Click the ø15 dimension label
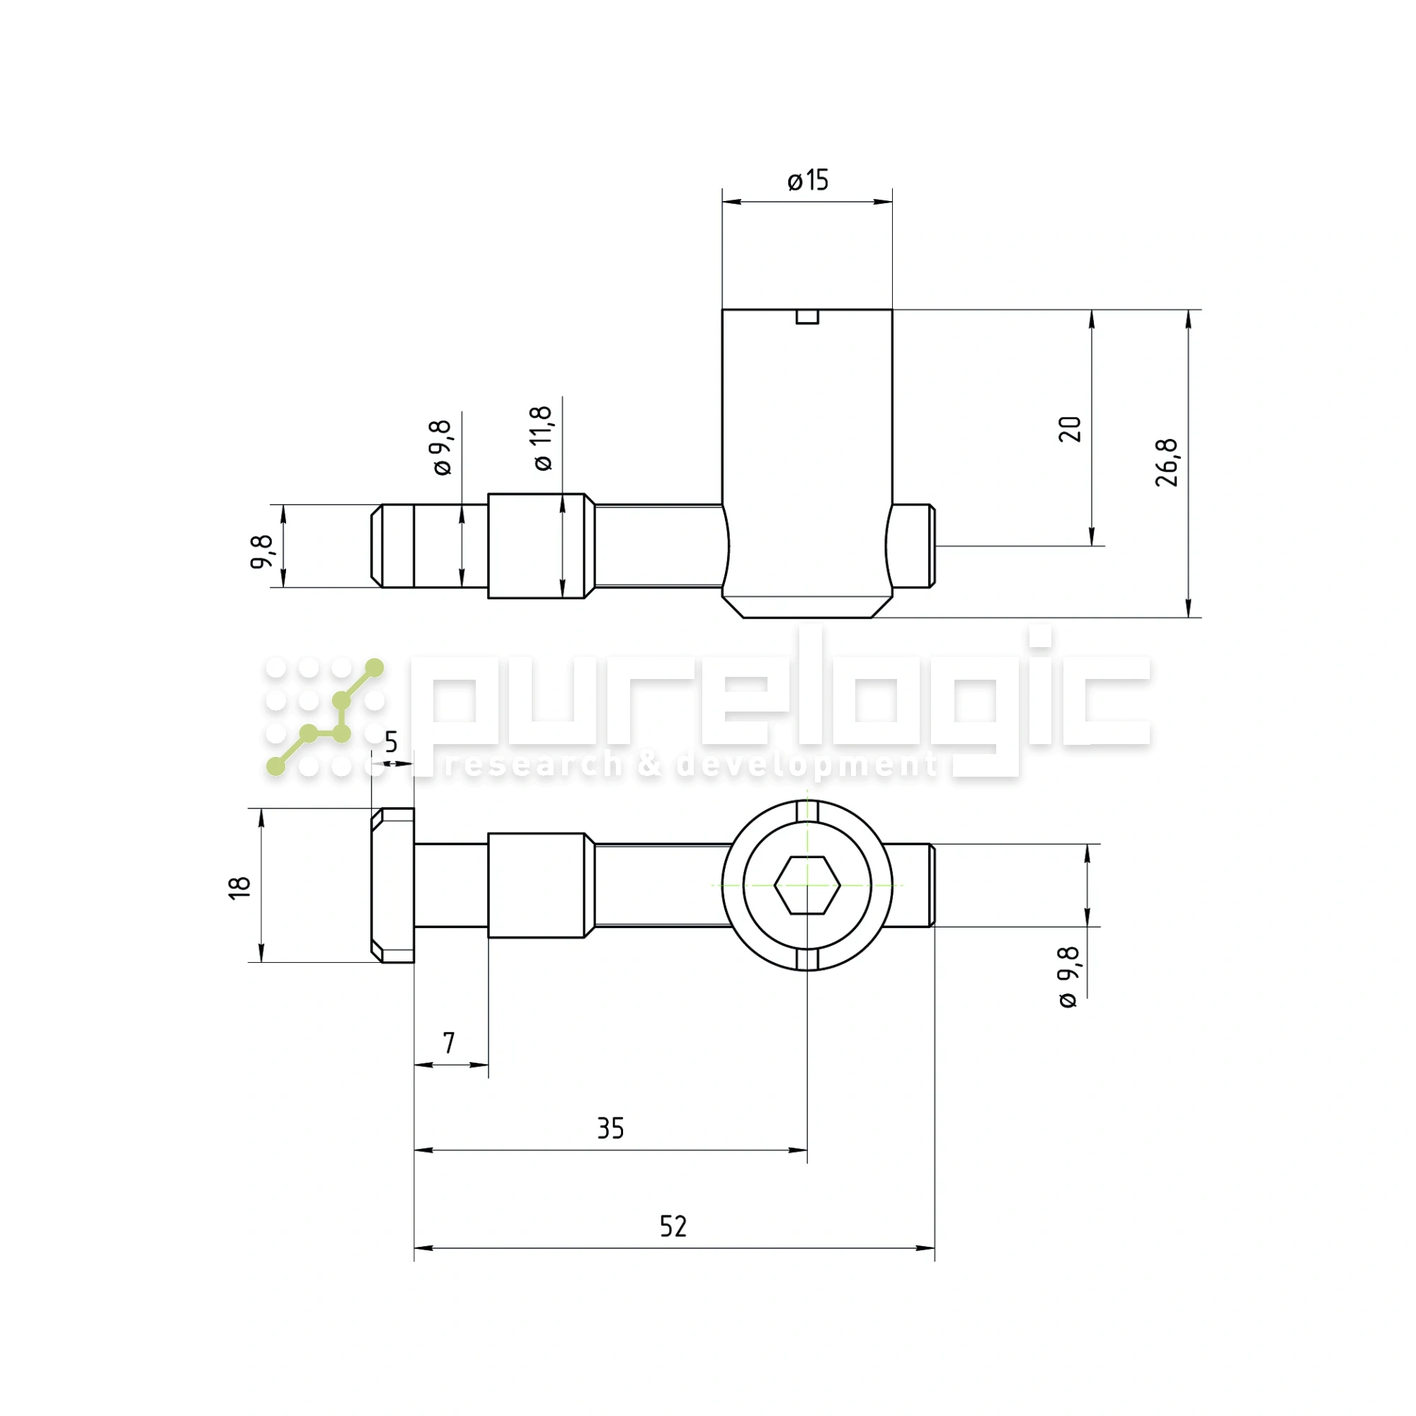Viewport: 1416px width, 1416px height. (x=808, y=181)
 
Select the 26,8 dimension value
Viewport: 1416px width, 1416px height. (x=1167, y=462)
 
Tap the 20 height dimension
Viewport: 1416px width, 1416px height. (x=1070, y=429)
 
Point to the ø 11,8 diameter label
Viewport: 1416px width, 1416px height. (x=542, y=438)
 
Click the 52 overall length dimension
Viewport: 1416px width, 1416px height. (x=673, y=1226)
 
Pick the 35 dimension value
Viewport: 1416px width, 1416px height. (x=610, y=1129)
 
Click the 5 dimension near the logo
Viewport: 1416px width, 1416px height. (x=392, y=742)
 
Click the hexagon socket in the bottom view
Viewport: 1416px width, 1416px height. (x=807, y=886)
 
